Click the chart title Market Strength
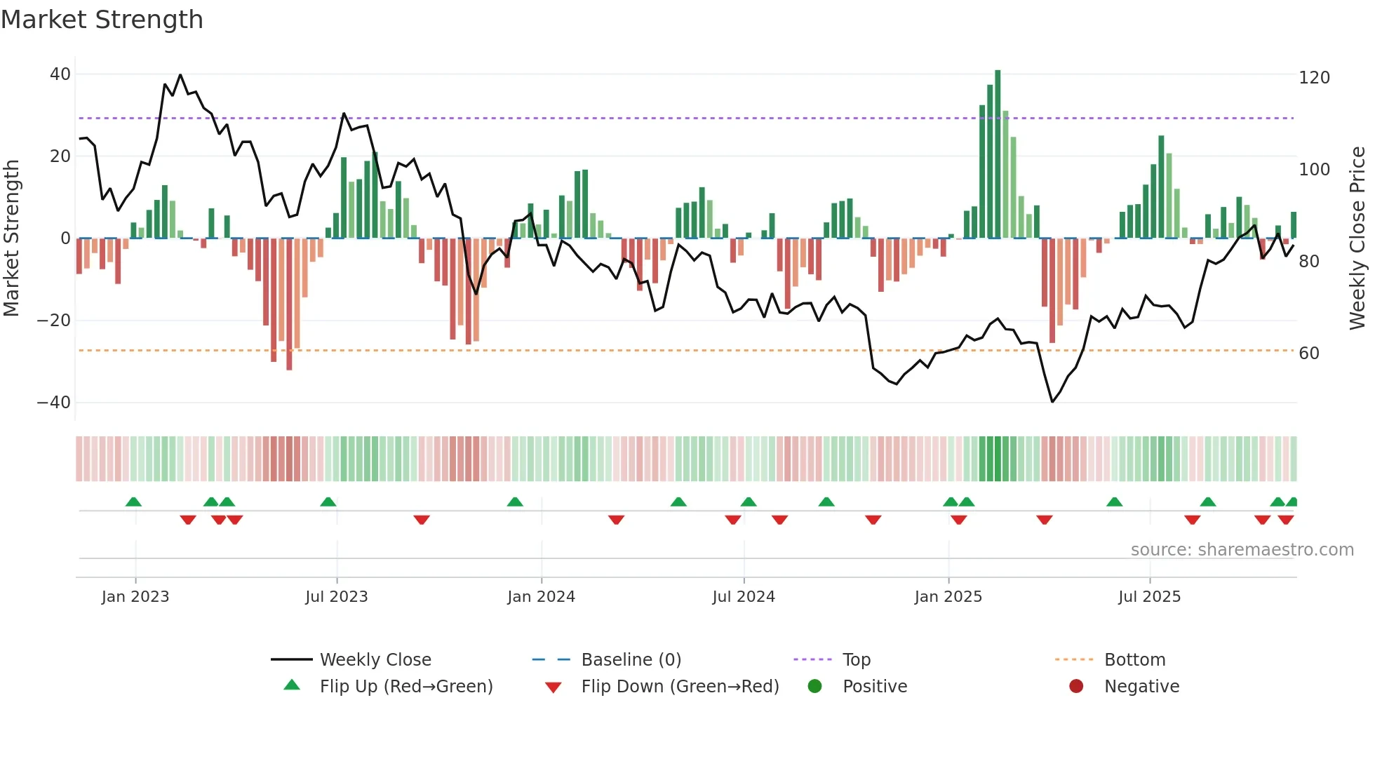tap(102, 20)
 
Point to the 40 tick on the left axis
tap(60, 74)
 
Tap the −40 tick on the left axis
tap(54, 403)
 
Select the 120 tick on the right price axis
tap(1314, 78)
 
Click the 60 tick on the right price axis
tap(1309, 354)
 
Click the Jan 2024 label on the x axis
tap(541, 597)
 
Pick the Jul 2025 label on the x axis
tap(1149, 597)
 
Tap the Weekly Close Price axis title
tap(1357, 238)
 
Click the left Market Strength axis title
tap(11, 238)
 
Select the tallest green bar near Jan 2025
tap(998, 154)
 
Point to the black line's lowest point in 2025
tap(1052, 401)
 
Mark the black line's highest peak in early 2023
tap(180, 75)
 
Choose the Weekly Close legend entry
tap(375, 660)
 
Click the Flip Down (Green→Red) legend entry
tap(679, 687)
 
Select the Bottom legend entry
tap(1134, 660)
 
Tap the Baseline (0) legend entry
tap(631, 660)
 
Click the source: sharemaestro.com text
tap(1242, 550)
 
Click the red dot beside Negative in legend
tap(1076, 687)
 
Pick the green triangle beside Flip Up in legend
tap(292, 685)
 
